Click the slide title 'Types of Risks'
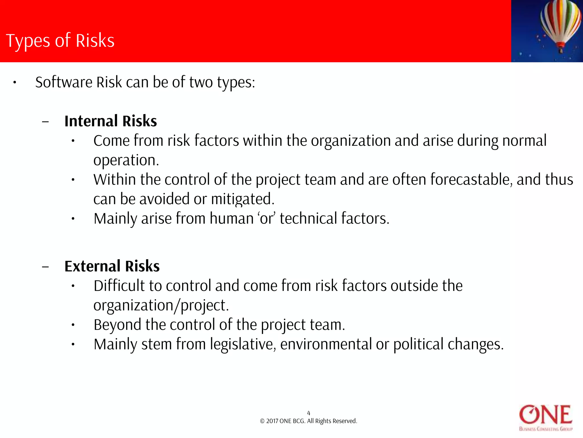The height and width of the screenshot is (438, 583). click(60, 40)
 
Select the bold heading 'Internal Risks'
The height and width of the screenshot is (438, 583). click(110, 121)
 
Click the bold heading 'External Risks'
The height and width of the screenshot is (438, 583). click(112, 266)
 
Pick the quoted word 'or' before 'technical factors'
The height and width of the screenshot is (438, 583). click(266, 218)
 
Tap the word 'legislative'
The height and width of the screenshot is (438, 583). click(243, 344)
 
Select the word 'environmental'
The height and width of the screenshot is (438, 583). click(326, 344)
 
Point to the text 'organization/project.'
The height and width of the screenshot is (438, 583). click(161, 305)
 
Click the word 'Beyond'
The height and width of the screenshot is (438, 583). click(117, 325)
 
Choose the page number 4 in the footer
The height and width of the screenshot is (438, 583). click(309, 413)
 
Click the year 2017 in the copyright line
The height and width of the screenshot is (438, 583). click(272, 421)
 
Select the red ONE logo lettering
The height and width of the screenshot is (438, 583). click(545, 415)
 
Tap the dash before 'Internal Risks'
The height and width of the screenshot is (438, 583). click(45, 121)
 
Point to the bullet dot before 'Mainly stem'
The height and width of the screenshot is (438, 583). click(73, 344)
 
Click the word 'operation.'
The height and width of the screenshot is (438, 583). click(126, 160)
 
